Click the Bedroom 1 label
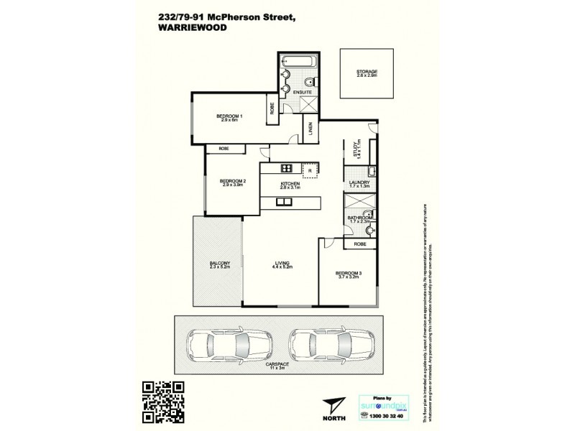231,118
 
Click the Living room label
282,264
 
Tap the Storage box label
367,73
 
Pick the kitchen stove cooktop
286,169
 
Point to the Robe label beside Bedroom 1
272,109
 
